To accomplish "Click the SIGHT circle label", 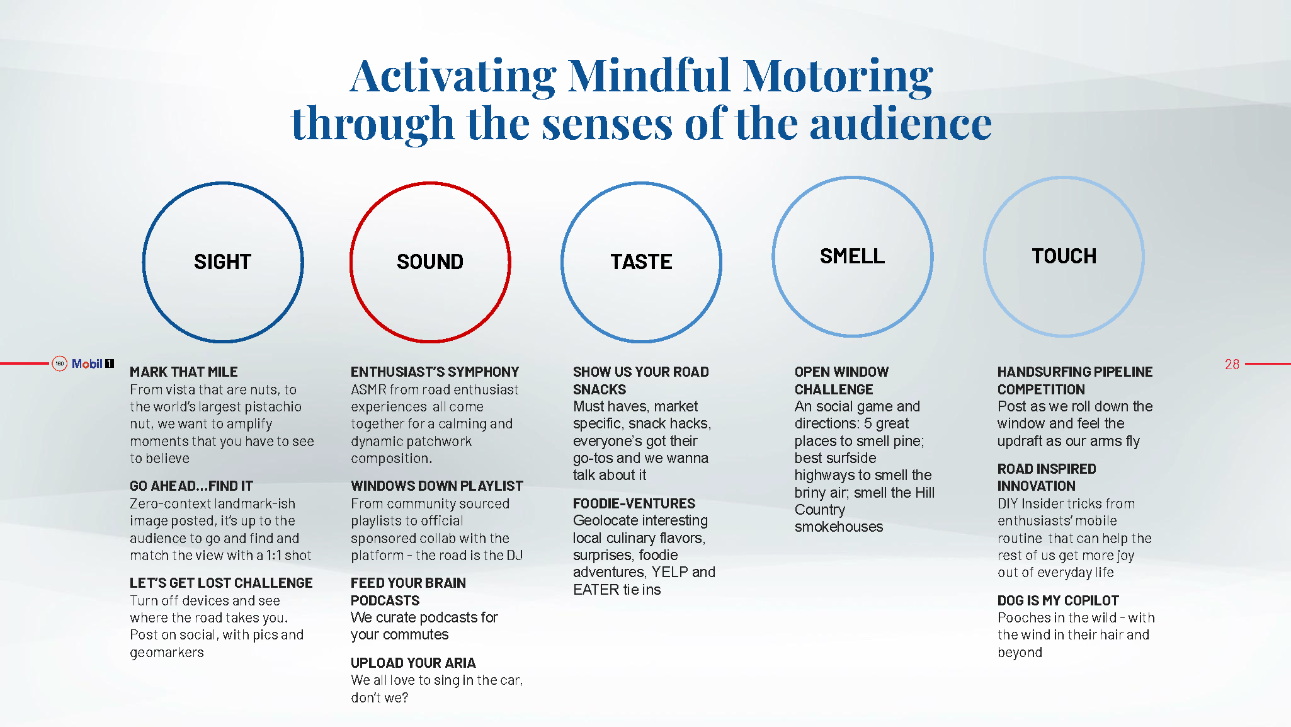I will point(222,261).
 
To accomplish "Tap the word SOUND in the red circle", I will point(430,261).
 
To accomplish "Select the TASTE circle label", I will point(641,261).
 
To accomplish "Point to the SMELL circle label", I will point(852,256).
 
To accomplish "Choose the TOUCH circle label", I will point(1064,256).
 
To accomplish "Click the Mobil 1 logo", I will point(93,363).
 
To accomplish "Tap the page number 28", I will point(1232,364).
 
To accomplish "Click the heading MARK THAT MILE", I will point(184,372).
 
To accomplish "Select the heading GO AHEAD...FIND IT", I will point(191,486).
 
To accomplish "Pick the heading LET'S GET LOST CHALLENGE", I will point(221,583).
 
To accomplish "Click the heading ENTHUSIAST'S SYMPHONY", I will point(435,372).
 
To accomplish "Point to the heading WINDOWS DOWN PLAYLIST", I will point(437,486).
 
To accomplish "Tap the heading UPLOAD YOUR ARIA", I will point(413,663).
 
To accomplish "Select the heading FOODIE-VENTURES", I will point(634,503).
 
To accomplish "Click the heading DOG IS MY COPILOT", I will point(1058,600).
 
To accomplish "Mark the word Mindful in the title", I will point(649,76).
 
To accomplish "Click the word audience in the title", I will point(901,123).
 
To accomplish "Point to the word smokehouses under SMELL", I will point(839,527).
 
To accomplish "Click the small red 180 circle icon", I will point(60,363).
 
